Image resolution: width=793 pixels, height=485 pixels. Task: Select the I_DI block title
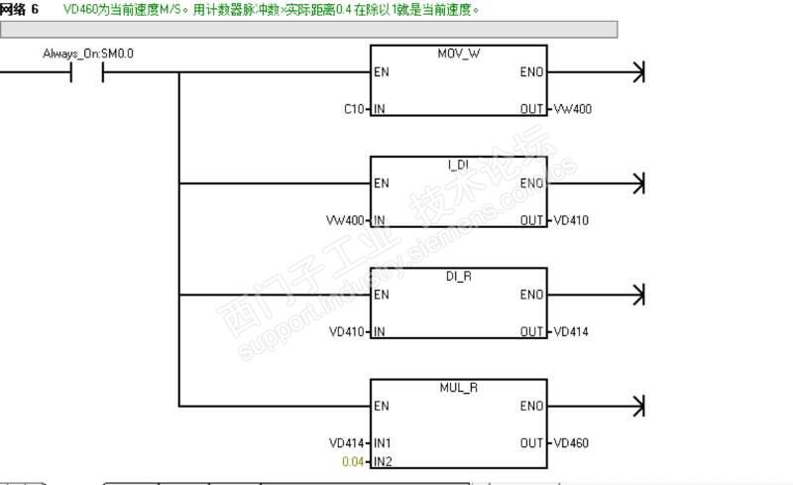(x=457, y=165)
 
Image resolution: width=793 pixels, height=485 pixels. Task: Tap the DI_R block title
(x=458, y=276)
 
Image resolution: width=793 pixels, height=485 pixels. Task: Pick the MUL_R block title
(x=457, y=387)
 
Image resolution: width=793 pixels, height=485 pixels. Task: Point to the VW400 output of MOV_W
(x=573, y=108)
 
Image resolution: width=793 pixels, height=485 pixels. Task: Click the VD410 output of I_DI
(x=571, y=219)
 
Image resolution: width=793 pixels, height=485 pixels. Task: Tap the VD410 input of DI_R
(x=348, y=330)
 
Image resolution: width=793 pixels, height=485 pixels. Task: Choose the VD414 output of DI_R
(x=571, y=330)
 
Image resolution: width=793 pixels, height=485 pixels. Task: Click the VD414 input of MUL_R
(x=348, y=441)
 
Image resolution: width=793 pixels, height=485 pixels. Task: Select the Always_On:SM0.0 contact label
(x=87, y=54)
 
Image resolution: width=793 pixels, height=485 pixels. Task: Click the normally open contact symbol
(x=87, y=72)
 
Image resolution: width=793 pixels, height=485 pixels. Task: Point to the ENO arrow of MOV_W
(x=638, y=72)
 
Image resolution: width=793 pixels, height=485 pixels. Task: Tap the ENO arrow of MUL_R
(x=638, y=406)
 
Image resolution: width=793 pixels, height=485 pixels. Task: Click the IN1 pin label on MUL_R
(x=383, y=441)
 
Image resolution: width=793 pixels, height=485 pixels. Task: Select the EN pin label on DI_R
(x=381, y=295)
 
